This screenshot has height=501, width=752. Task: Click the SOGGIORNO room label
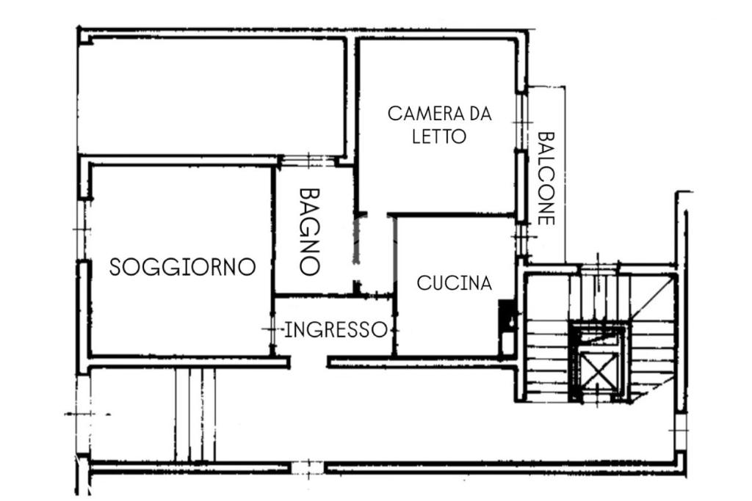tap(182, 267)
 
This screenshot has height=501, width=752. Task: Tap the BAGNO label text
tap(309, 231)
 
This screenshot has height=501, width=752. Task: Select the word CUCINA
tap(454, 283)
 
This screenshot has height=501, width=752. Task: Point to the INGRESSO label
tap(336, 330)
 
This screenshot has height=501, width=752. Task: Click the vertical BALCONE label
tap(546, 178)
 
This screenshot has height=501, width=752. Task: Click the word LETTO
tap(439, 136)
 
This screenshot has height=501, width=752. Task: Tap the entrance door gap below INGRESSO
tap(308, 362)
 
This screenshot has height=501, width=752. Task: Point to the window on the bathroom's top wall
tap(307, 161)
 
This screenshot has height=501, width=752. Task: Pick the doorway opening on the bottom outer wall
tap(308, 467)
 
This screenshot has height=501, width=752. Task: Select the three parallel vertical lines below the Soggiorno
tap(195, 414)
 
